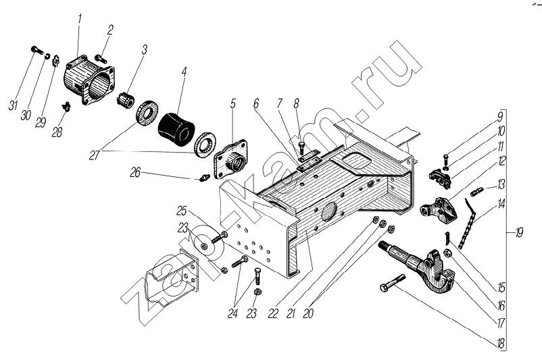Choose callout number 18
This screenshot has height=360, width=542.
tap(500, 343)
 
